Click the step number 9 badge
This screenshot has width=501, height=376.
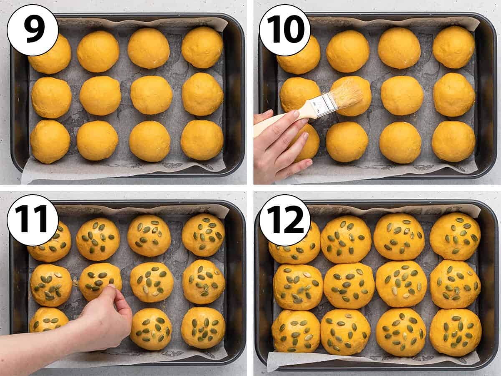pos(33,30)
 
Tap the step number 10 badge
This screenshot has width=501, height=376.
pos(285,30)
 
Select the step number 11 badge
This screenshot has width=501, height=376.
pos(33,220)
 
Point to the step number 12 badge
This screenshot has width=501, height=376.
pos(285,220)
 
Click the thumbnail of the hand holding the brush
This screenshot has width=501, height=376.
pos(297,114)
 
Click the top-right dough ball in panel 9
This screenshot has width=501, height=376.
pos(202,47)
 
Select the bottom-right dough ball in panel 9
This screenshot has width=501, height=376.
pos(202,140)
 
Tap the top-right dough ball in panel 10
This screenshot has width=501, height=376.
pos(454,47)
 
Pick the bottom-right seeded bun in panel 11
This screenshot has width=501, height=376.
pos(203,328)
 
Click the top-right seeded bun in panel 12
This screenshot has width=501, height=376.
pos(455,237)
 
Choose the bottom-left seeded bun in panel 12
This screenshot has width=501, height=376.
pos(296,331)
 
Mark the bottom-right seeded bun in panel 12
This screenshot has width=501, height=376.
pos(455,333)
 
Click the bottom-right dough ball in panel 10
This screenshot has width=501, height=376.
pos(453,141)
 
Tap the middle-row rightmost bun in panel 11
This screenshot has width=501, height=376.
pos(204,282)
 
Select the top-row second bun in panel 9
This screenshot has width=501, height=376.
pos(98,51)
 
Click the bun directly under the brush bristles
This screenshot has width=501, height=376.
pos(351,96)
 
